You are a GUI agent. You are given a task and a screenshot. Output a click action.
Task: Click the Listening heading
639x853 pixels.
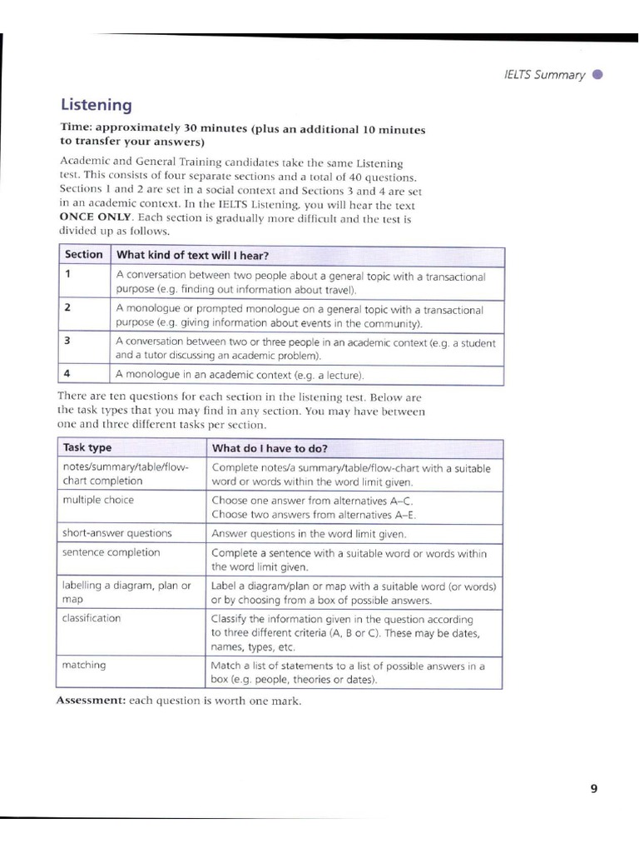tap(96, 106)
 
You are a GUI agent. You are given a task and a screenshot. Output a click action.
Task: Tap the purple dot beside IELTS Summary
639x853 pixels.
tap(597, 75)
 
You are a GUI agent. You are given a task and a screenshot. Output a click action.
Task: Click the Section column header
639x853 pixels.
tap(83, 255)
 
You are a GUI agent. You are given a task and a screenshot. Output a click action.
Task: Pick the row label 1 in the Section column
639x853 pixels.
tap(67, 274)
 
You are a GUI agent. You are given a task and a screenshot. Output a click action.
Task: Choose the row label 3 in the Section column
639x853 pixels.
tap(67, 340)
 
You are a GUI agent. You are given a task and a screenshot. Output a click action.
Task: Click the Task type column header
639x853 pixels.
tap(87, 448)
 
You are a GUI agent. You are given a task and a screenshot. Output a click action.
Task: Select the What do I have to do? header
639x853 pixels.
tap(270, 448)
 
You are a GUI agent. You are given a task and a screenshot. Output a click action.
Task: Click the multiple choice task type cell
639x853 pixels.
tap(97, 500)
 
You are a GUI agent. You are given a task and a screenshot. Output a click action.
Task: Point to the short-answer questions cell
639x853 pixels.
tap(116, 533)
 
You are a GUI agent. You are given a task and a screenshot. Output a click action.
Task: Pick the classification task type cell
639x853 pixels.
tap(91, 618)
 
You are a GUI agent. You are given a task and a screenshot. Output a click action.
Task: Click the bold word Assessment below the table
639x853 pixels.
tap(90, 701)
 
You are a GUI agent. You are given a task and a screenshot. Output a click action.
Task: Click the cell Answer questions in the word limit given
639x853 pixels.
tap(309, 533)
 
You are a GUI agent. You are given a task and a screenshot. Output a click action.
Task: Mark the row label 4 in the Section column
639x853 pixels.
tap(67, 373)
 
